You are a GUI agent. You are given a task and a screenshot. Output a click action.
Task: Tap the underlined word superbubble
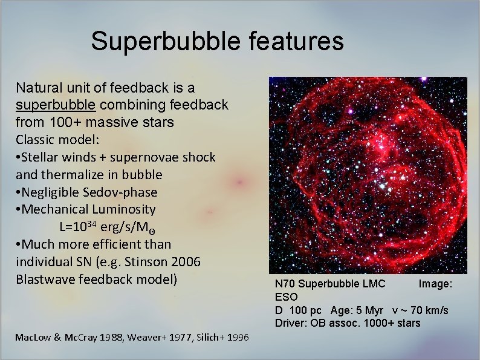click(x=56, y=105)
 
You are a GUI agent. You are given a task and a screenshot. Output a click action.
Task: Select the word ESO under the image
click(x=286, y=297)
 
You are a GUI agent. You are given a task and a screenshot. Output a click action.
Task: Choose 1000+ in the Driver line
click(x=380, y=323)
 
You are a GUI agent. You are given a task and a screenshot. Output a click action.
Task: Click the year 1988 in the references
click(x=103, y=338)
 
